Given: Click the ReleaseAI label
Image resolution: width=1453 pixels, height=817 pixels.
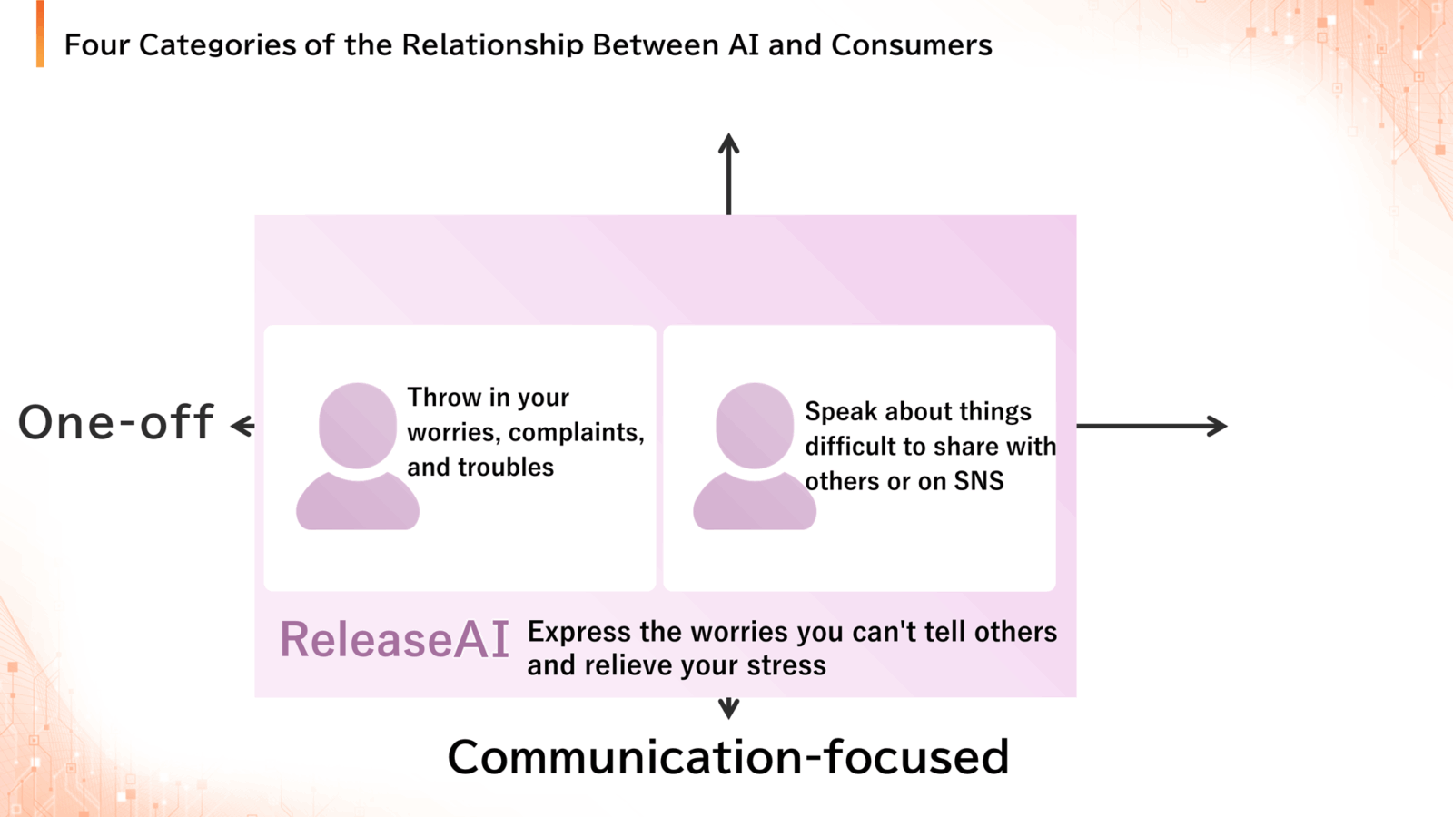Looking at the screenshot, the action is [x=394, y=639].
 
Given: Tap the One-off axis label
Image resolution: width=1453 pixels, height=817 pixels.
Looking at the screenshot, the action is [x=115, y=421].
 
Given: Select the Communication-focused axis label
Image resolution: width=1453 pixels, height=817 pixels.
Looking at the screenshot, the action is [x=727, y=757].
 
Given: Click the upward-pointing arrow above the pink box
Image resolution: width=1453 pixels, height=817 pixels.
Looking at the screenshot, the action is [x=729, y=173].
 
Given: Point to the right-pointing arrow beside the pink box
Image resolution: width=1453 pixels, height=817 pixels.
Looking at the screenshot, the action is [x=1152, y=426].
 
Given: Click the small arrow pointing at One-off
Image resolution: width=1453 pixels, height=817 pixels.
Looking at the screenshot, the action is [x=243, y=426].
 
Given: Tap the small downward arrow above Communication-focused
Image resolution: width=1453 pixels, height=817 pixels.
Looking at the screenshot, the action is [x=729, y=708].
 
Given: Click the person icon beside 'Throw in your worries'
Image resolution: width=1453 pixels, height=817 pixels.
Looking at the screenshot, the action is [x=358, y=456].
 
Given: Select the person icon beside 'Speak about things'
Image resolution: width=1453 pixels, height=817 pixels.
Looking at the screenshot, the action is [x=755, y=456].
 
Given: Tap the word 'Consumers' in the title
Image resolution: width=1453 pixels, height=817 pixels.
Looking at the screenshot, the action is [x=912, y=45].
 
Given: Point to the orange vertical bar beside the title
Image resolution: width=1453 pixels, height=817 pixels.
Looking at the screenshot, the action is [x=40, y=34].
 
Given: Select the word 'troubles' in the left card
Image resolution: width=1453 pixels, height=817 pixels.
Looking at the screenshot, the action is [x=506, y=467].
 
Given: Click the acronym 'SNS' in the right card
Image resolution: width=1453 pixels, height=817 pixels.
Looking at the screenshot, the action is [x=979, y=481].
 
